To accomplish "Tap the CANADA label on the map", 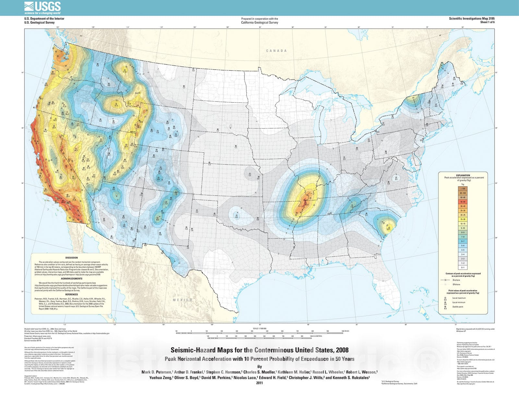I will click(276, 51).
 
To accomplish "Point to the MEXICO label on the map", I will click(183, 300).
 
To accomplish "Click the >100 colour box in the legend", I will click(463, 189).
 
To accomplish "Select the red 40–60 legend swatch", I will click(463, 201).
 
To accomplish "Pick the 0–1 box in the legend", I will click(463, 268).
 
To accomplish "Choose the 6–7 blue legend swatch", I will click(463, 241).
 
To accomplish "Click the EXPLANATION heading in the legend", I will click(463, 175).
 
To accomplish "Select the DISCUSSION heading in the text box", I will click(71, 258).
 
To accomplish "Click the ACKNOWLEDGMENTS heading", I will click(71, 279).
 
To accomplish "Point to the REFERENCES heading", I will click(71, 294).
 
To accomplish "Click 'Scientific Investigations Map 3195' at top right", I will click(472, 18).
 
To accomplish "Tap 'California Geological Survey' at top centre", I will click(259, 23).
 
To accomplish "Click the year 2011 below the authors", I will click(259, 383).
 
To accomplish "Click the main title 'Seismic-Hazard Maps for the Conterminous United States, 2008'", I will click(259, 350).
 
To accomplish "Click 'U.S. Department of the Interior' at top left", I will click(44, 18).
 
